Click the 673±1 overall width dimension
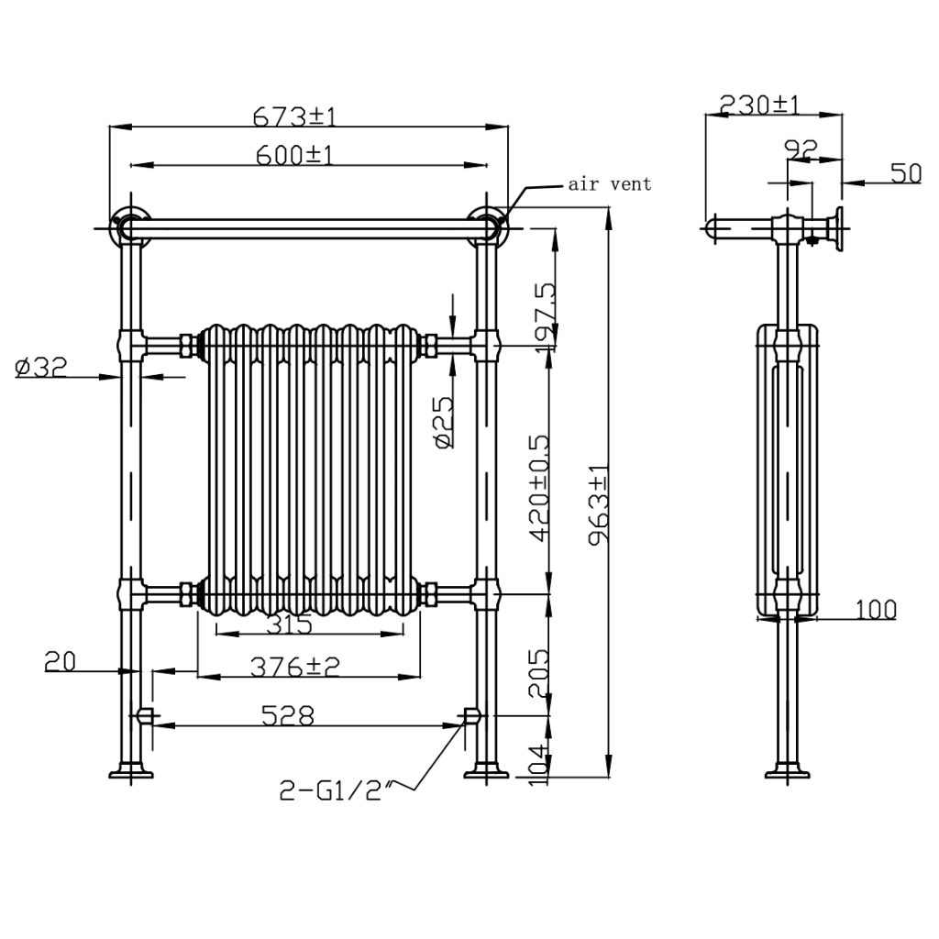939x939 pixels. [295, 116]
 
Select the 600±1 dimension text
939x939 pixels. [295, 155]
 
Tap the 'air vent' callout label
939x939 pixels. [609, 184]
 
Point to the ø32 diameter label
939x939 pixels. [41, 368]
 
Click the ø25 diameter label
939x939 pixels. [443, 422]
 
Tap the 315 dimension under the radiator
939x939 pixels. [288, 625]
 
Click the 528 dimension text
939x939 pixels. [287, 714]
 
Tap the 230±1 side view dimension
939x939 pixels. [759, 105]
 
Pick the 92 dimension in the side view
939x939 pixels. [801, 148]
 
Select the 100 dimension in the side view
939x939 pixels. [876, 609]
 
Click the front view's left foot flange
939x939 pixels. [131, 773]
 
